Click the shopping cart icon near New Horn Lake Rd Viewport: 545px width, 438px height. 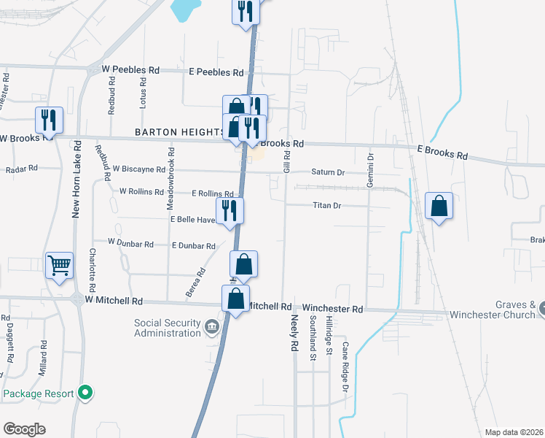coord(60,265)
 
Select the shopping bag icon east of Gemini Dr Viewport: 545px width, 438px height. coord(439,207)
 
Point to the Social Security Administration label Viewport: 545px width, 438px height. coord(167,328)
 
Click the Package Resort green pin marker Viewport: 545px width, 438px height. coord(85,393)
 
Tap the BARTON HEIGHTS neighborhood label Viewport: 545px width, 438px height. coord(179,132)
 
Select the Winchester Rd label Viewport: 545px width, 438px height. coord(333,309)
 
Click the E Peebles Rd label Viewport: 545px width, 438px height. coord(216,72)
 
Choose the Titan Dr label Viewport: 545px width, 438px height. coord(327,206)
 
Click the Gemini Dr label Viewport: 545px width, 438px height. coord(370,169)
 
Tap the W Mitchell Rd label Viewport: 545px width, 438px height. coord(113,300)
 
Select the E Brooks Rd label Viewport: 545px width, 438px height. coord(442,153)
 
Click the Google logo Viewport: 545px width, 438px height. coord(24,429)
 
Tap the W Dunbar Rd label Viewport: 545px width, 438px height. coord(130,242)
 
